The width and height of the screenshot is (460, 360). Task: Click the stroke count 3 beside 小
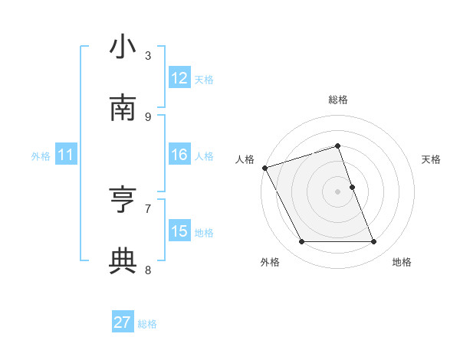[148, 55]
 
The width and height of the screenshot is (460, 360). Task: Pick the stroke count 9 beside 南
[148, 116]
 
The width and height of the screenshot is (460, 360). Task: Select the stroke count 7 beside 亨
[148, 208]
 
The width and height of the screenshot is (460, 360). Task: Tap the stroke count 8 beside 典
[148, 270]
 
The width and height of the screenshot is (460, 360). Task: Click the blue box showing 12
[179, 78]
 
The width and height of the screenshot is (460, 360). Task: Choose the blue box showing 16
[179, 155]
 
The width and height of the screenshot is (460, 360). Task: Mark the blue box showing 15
[179, 231]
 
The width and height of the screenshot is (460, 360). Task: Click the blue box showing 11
[66, 155]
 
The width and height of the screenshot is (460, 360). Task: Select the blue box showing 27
[123, 322]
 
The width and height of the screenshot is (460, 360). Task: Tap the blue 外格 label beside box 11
[41, 156]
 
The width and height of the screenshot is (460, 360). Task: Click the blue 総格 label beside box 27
[147, 324]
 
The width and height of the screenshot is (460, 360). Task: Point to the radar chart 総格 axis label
[338, 100]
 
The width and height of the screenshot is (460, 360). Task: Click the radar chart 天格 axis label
[432, 159]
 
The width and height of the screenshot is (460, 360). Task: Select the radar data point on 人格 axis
[264, 168]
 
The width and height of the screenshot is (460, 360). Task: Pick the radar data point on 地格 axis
[374, 242]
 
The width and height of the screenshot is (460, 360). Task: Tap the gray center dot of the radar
[338, 191]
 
